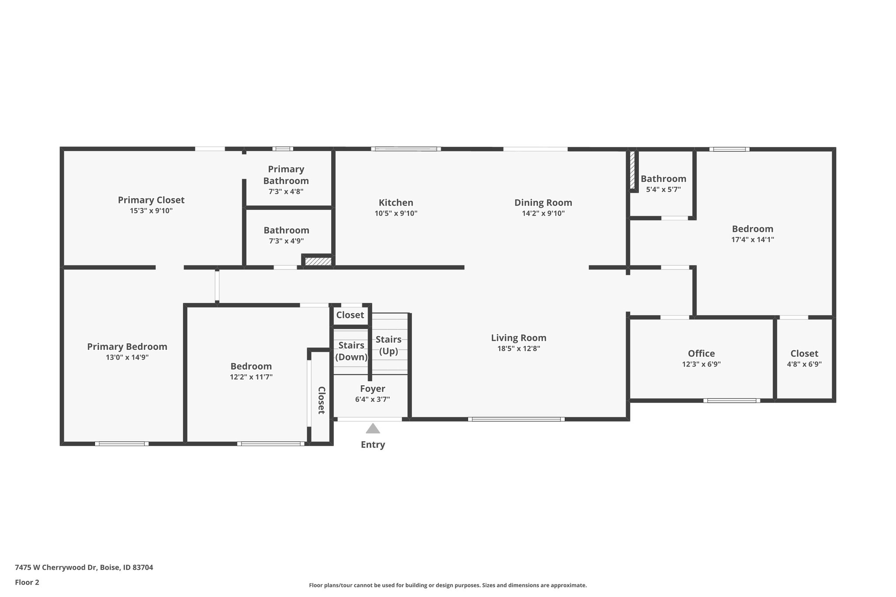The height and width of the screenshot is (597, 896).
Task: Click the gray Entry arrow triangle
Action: click(x=373, y=428)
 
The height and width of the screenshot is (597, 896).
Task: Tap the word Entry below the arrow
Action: click(x=373, y=445)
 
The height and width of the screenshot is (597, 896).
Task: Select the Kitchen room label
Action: click(x=396, y=202)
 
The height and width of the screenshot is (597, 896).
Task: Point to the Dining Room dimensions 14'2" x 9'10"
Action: click(x=543, y=213)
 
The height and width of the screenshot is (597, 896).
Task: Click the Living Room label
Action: click(x=518, y=338)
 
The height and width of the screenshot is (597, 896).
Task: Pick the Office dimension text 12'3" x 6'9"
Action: click(x=701, y=364)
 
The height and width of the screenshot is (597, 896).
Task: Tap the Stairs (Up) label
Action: click(x=388, y=345)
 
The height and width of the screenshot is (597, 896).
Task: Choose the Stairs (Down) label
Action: click(x=351, y=351)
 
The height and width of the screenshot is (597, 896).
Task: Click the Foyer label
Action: click(x=373, y=389)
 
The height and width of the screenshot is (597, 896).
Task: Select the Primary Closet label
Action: click(x=151, y=200)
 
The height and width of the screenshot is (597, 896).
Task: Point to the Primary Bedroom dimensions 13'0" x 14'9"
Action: click(x=127, y=357)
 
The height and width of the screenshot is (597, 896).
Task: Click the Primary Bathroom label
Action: click(x=286, y=175)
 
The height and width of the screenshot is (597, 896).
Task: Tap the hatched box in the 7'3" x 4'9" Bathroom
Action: click(x=318, y=261)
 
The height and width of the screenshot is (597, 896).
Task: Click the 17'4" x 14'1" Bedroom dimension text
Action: click(x=752, y=240)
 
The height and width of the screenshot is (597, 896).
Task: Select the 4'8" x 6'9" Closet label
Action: click(x=804, y=353)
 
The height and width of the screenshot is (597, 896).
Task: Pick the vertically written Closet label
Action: click(x=321, y=400)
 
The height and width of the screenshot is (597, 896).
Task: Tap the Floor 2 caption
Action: click(x=27, y=582)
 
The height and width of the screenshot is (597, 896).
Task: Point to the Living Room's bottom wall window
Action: click(x=516, y=419)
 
